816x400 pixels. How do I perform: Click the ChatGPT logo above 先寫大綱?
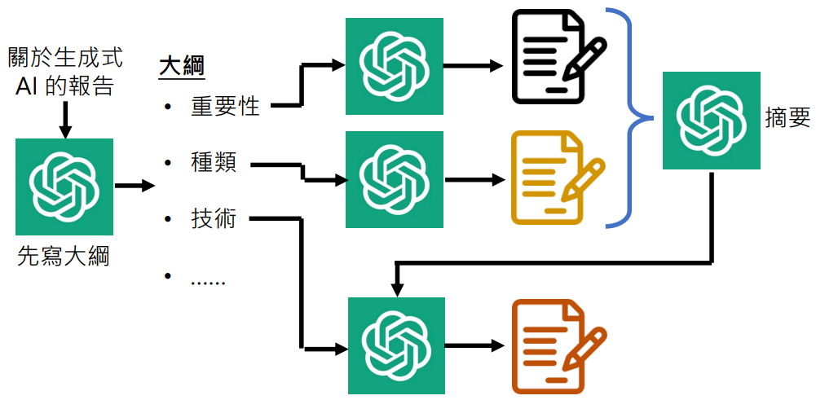[64, 187]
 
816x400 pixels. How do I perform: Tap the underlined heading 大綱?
[181, 68]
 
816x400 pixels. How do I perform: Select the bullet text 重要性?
[225, 107]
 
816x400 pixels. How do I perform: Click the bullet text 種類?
[214, 164]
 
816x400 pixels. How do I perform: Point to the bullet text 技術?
[214, 220]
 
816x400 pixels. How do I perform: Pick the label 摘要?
[787, 119]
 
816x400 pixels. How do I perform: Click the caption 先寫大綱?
[64, 257]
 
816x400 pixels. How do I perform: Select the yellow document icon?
[558, 178]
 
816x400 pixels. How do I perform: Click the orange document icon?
[559, 346]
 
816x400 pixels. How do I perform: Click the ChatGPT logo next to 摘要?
[712, 121]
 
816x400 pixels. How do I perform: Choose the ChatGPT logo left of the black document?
[395, 66]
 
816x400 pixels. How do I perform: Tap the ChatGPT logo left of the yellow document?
[395, 179]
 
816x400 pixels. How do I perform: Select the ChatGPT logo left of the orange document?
[396, 346]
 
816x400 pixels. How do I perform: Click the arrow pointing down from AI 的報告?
[64, 119]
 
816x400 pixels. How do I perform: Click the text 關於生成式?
[65, 58]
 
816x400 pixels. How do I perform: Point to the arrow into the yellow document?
[474, 181]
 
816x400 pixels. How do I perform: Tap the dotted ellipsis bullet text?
[208, 283]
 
